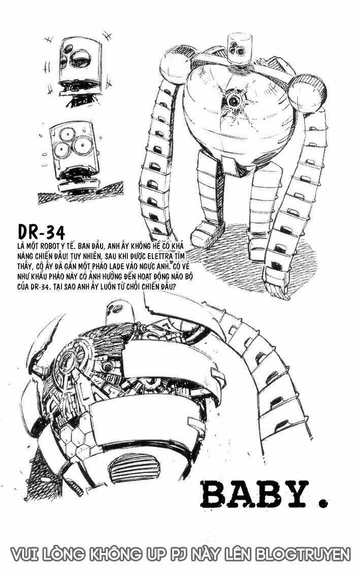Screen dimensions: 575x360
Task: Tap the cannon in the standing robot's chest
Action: [x=232, y=98]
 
